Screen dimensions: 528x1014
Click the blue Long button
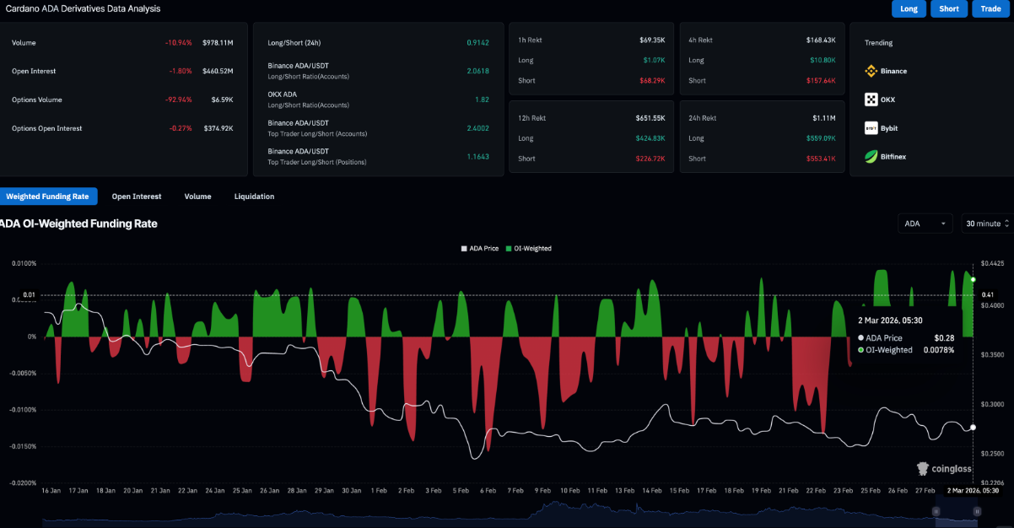click(x=909, y=8)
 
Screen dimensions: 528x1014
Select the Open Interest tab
click(x=137, y=197)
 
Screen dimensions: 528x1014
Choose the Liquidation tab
click(x=254, y=197)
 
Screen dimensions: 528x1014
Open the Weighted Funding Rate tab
click(x=47, y=197)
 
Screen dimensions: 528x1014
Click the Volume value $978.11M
click(x=218, y=42)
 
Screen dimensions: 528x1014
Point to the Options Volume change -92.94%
click(x=179, y=100)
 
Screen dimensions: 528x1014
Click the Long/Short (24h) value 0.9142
click(x=477, y=42)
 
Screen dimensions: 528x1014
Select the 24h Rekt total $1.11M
click(x=823, y=118)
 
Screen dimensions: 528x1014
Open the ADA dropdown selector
click(x=925, y=224)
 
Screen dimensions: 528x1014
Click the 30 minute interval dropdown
click(x=985, y=224)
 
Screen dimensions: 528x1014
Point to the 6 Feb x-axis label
click(x=488, y=490)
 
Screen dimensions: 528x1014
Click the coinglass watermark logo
click(x=947, y=468)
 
